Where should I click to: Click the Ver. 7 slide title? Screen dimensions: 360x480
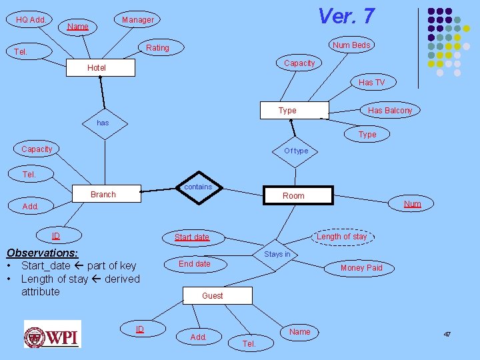346,15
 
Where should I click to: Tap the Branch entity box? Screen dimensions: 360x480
103,194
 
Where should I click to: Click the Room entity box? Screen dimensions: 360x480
293,195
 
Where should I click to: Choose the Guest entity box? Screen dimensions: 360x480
213,295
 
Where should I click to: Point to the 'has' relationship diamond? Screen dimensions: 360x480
103,123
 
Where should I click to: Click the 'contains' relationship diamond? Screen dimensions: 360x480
198,187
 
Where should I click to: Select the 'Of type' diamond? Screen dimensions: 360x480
297,151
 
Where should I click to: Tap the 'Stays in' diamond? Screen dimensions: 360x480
277,254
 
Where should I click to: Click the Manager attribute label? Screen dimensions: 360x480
138,20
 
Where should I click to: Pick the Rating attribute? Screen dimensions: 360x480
158,48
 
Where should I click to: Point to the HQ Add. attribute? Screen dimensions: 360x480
31,20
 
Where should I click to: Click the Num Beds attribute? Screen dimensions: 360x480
351,45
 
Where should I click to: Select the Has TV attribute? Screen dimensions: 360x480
371,83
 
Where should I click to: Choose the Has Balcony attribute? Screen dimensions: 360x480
390,111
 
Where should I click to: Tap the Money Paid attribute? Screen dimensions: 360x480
361,268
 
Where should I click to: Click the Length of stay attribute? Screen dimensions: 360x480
341,236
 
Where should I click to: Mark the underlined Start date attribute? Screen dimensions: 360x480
192,237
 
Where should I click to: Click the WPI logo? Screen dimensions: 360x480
53,334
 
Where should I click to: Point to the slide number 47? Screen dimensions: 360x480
447,333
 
